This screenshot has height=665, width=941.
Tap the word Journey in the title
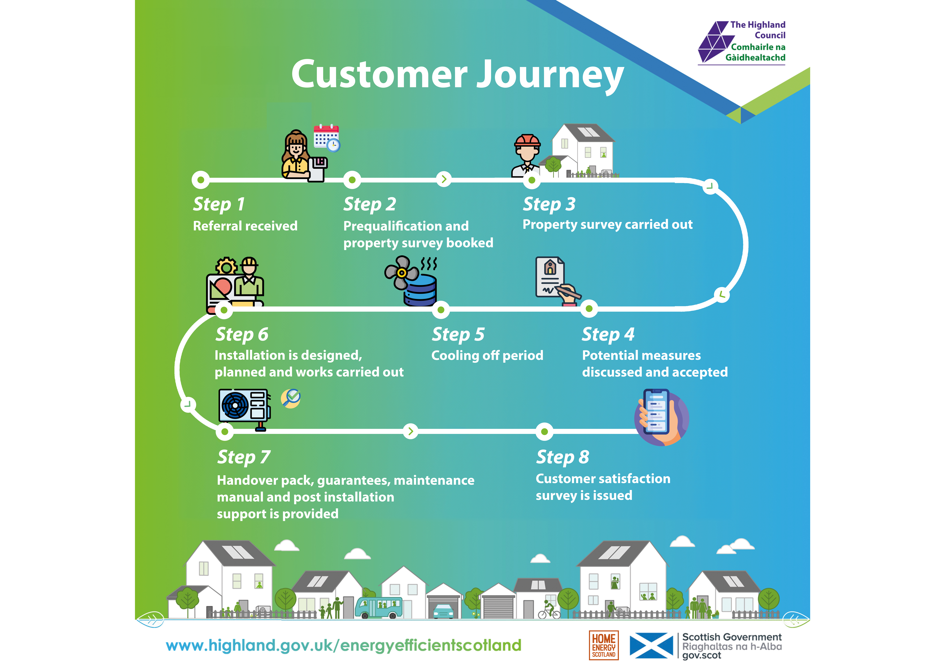pos(551,75)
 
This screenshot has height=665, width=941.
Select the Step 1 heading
pos(219,204)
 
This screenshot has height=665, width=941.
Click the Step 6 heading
pos(242,334)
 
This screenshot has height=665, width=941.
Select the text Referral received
pos(245,226)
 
